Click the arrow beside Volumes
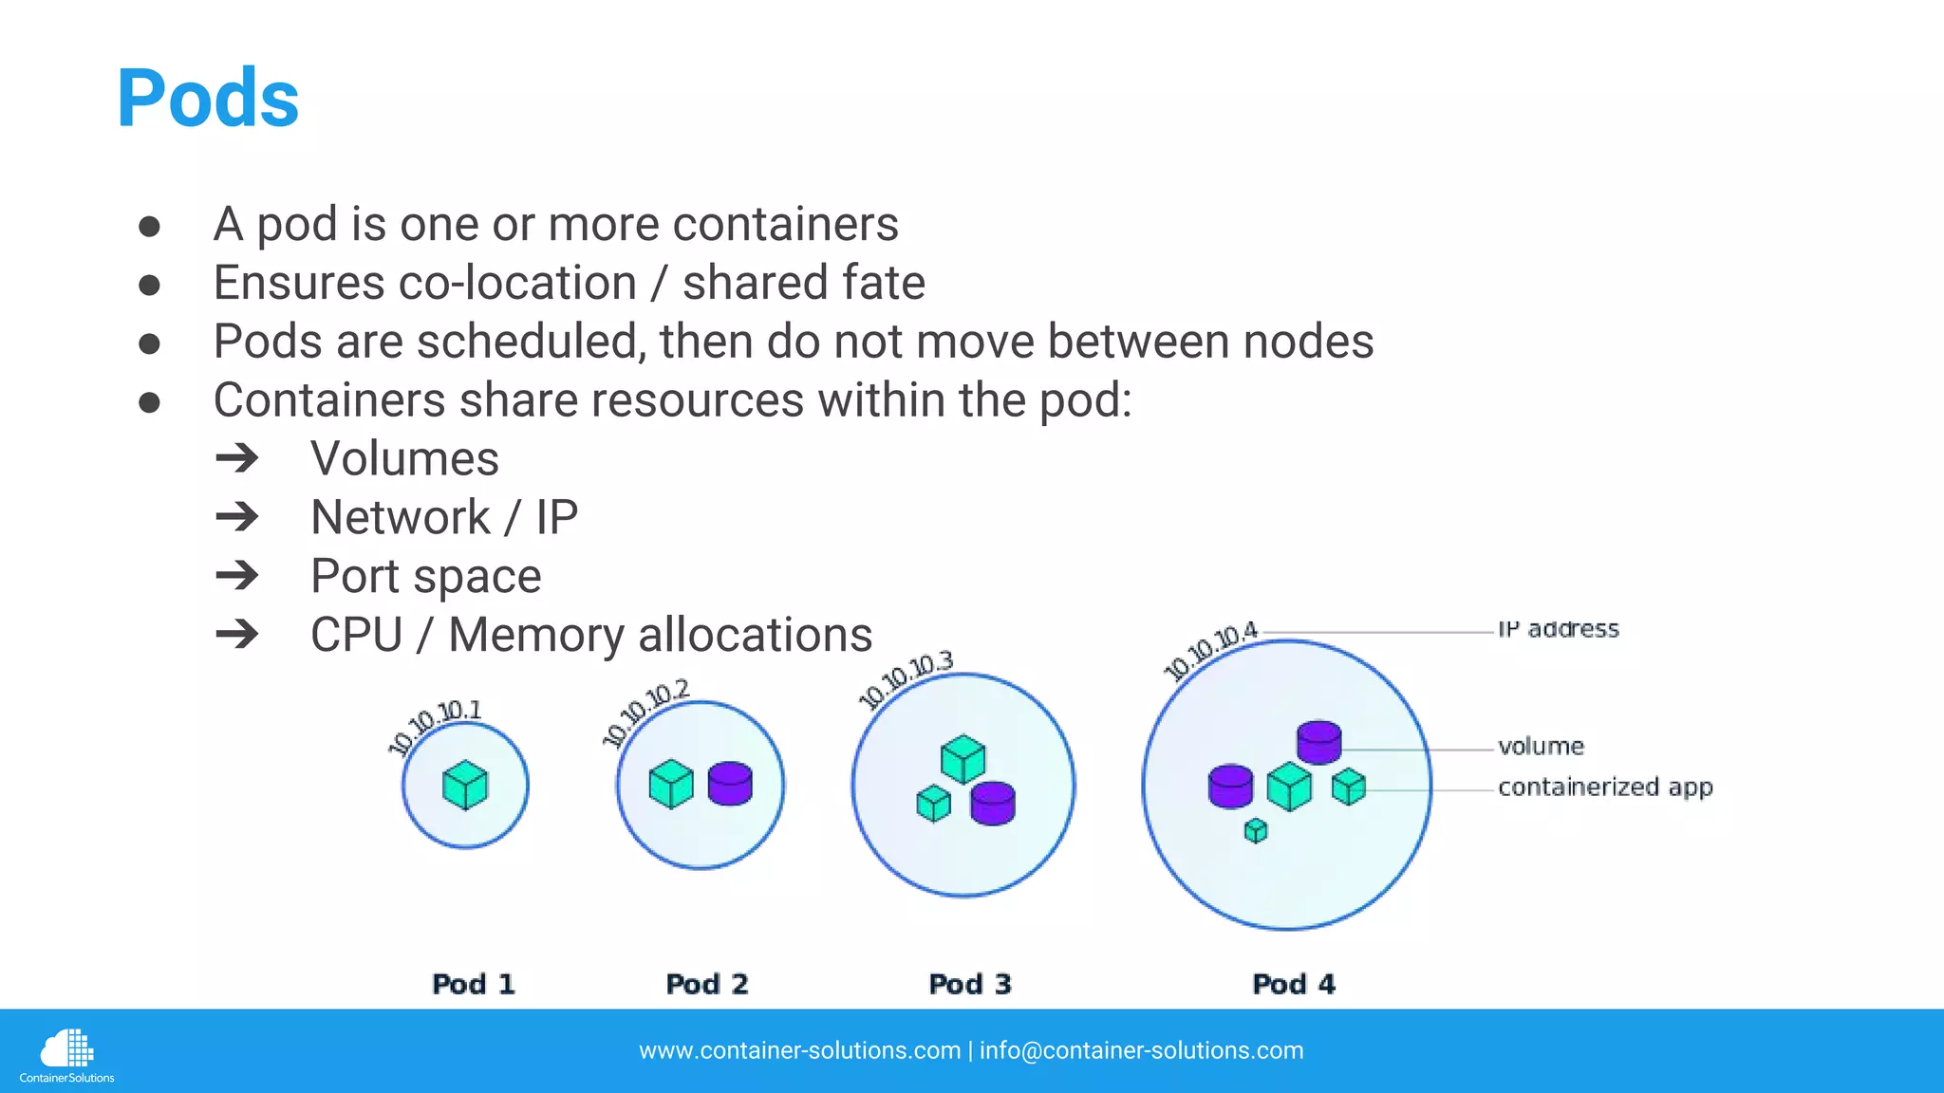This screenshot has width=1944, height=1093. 237,458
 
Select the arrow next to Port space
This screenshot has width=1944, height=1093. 237,576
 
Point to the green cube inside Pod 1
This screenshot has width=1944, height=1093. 465,786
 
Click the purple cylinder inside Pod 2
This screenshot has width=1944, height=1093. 730,784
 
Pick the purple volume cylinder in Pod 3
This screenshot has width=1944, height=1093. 993,803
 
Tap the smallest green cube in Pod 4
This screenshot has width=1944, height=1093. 1256,831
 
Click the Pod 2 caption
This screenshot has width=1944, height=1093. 707,984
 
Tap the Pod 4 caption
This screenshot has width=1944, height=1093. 1294,984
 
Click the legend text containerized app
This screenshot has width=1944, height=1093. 1605,787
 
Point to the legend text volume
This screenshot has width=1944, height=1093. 1541,747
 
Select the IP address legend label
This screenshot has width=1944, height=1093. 1559,629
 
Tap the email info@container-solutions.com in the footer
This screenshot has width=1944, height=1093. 1141,1050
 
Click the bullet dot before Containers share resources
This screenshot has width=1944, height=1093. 149,401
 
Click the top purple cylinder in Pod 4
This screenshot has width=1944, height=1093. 1319,741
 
